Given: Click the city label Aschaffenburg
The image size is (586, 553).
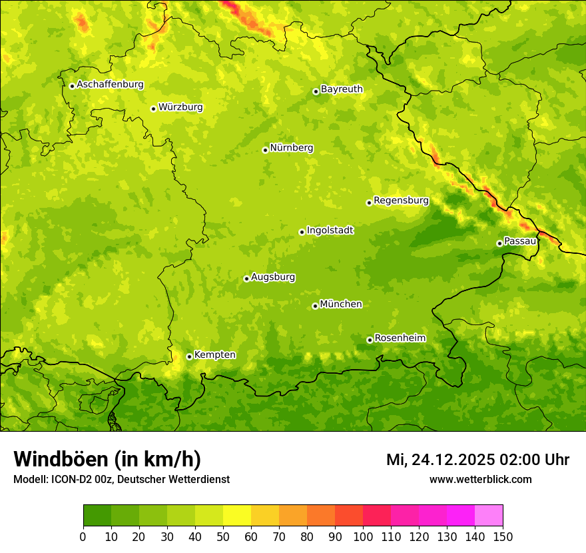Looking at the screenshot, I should (110, 85).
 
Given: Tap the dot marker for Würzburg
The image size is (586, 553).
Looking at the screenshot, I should (153, 109).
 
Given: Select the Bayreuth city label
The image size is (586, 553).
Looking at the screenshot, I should (342, 89).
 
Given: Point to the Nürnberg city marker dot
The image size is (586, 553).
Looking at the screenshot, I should (265, 150).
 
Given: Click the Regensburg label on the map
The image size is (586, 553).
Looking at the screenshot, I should (401, 201).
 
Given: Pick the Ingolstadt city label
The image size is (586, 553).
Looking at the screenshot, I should (330, 231).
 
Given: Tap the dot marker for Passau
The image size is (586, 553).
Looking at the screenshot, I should (499, 243).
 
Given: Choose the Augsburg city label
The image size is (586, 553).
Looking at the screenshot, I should (273, 277).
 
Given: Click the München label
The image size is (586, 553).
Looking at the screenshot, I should (341, 304).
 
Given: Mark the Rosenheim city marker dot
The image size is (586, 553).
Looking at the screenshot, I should (370, 340).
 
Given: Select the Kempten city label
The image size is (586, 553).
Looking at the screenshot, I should (214, 355).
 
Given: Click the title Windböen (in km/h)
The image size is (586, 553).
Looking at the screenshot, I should (107, 459).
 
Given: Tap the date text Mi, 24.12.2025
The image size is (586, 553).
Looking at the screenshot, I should (439, 460).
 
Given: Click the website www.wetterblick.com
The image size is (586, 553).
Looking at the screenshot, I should (480, 479).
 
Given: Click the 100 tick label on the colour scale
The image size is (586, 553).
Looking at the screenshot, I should (363, 536).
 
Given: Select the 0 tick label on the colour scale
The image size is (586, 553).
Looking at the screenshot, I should (83, 536).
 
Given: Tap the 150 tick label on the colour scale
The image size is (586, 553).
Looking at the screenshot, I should (503, 536).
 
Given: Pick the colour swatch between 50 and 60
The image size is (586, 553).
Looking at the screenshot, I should (237, 516).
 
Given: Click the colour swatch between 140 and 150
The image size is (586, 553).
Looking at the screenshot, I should (489, 516).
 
